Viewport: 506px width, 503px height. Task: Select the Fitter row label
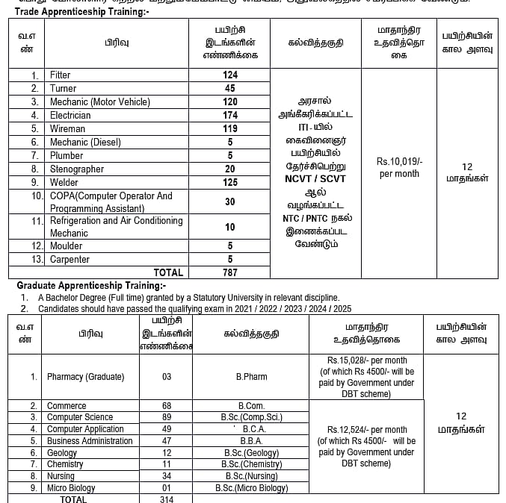tap(60, 75)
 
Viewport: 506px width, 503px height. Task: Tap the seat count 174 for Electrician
tap(229, 116)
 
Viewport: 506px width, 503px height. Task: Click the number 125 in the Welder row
tap(229, 183)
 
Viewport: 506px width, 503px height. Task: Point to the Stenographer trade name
tap(77, 169)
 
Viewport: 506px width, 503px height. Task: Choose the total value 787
tap(229, 272)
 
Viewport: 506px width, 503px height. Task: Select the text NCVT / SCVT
tap(315, 179)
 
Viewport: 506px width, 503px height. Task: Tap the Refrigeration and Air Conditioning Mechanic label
tap(116, 227)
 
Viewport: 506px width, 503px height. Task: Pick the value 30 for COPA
tap(229, 202)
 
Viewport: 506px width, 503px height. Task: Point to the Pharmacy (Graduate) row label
tap(85, 377)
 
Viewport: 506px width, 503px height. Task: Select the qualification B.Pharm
tap(251, 377)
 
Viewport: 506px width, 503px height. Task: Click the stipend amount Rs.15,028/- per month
tap(366, 360)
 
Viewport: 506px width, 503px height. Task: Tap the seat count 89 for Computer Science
tap(167, 417)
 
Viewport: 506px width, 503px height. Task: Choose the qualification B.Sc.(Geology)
tap(251, 453)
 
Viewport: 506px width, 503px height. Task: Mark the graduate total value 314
tap(167, 499)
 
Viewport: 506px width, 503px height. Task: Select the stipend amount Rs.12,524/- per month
tap(367, 430)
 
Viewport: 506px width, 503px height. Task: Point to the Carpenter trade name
tap(70, 260)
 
